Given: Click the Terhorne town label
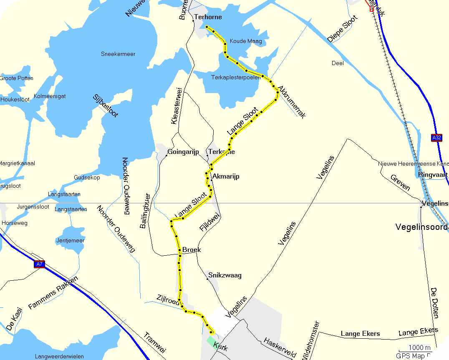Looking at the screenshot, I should tap(208, 17).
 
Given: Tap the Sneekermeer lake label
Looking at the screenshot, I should tap(118, 54).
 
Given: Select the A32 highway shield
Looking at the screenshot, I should tap(436, 138).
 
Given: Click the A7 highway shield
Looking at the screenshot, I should tap(39, 264).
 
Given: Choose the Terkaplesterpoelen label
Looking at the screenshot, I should tap(236, 77).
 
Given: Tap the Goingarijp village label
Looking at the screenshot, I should tap(183, 152).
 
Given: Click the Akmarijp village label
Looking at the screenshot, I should tap(226, 177).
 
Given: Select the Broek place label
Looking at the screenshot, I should tap(191, 250).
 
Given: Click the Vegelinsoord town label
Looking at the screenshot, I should tap(421, 227).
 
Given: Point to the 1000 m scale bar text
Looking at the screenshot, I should tap(419, 347).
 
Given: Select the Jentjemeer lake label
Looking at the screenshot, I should tap(70, 240).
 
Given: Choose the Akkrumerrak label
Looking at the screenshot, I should tap(291, 102).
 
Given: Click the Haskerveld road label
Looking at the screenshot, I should tap(279, 347).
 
